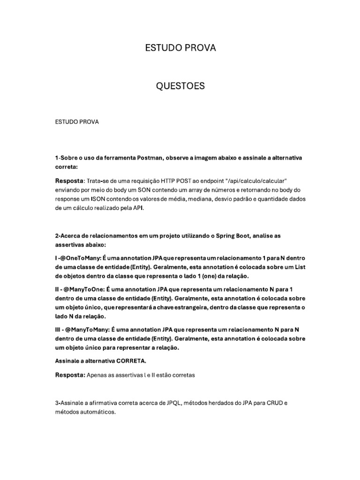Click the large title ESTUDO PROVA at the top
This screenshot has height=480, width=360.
click(x=180, y=48)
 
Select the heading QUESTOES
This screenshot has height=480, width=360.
click(x=180, y=86)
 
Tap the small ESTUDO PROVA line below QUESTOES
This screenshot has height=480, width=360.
click(x=77, y=122)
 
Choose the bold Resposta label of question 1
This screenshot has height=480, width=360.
click(x=69, y=180)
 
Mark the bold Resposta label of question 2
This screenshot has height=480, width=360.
click(x=69, y=375)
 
